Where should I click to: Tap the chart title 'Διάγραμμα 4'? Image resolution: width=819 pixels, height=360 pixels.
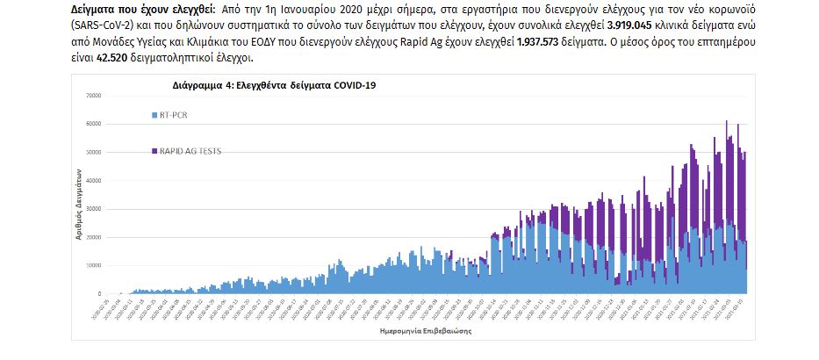(x=201, y=86)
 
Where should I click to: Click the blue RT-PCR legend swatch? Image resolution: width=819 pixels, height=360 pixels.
(x=154, y=115)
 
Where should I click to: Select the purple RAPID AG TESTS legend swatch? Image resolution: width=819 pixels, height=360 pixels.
(x=154, y=151)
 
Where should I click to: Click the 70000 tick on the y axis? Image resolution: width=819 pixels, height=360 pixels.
(x=93, y=96)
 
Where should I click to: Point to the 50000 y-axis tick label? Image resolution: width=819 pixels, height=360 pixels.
(x=93, y=152)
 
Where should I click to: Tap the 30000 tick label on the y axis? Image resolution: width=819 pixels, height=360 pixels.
(x=93, y=209)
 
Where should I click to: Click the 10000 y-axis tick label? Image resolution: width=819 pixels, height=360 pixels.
(x=93, y=265)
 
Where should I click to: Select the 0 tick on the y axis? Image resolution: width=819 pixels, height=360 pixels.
(x=98, y=293)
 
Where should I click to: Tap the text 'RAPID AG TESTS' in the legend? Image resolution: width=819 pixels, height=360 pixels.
(x=190, y=151)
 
